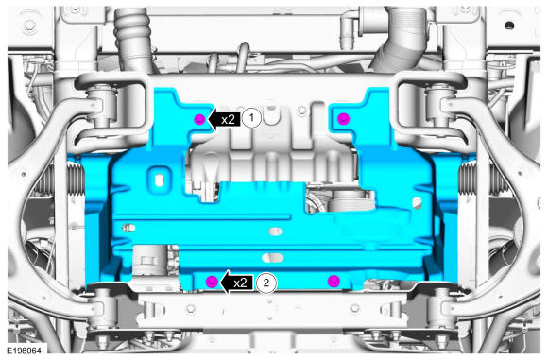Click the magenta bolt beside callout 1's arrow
(199, 120)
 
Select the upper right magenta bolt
(344, 119)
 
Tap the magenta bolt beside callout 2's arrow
(213, 282)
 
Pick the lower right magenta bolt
(334, 281)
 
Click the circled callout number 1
(251, 118)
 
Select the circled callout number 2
(266, 283)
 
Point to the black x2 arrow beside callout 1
(224, 120)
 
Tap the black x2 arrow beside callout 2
(236, 283)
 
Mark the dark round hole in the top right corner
(509, 26)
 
